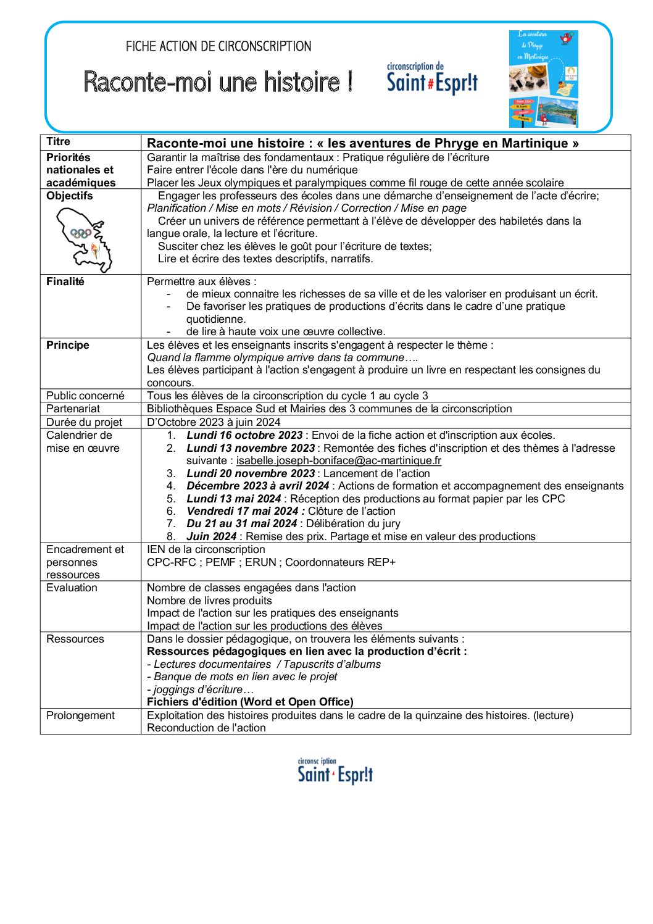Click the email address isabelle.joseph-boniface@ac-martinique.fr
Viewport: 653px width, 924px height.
coord(338,460)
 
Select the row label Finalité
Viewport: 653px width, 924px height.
coord(65,281)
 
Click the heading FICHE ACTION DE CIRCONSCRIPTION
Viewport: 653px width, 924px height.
coord(218,46)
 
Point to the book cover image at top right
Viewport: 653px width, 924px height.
coord(543,79)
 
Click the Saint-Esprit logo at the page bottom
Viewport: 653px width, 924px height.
coord(335,772)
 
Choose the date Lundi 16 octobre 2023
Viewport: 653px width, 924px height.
coord(244,435)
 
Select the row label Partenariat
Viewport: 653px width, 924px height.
coord(73,409)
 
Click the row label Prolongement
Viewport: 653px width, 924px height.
coord(80,715)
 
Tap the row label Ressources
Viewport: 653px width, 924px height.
coord(75,639)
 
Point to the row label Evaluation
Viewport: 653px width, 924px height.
coord(72,588)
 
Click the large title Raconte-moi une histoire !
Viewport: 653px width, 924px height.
coord(218,81)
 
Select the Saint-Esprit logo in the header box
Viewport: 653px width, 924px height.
coord(432,79)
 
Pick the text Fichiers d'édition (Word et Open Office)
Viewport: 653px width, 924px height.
coord(250,702)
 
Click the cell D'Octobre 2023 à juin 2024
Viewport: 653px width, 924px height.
coord(214,422)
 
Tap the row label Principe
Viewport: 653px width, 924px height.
coord(67,345)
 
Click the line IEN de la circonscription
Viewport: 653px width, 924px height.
coord(206,549)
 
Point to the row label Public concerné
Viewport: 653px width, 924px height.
coord(85,396)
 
